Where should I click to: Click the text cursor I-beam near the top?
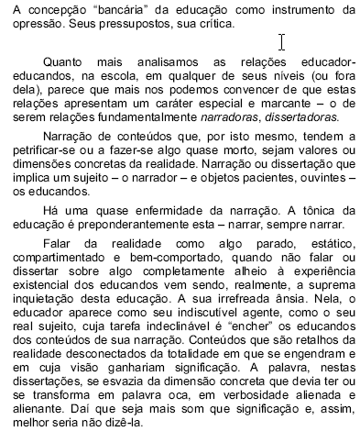(x=282, y=42)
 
